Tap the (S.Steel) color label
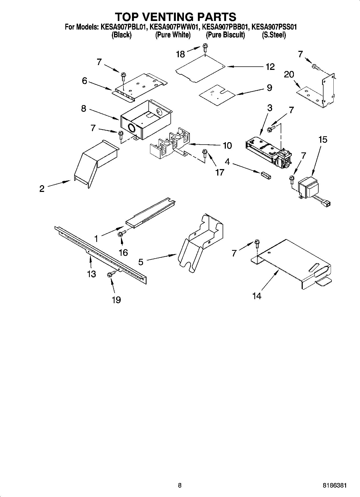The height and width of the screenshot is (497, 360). (274, 35)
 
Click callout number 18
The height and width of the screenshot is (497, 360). (180, 54)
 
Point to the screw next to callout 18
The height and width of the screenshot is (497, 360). (205, 48)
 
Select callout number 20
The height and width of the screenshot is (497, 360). (289, 74)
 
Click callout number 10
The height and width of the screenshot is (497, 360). (227, 145)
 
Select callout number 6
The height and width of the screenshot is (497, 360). (85, 81)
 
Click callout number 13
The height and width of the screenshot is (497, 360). (91, 274)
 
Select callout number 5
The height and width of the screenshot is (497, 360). (141, 262)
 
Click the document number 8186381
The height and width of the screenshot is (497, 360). (334, 485)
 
